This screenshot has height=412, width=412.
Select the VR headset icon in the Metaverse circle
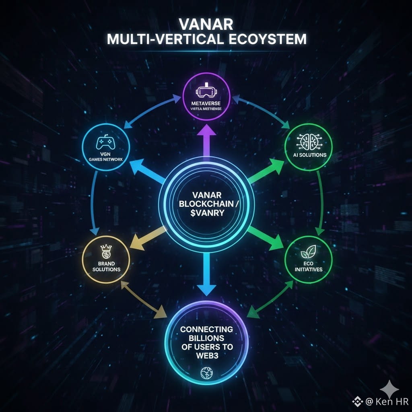click(206, 92)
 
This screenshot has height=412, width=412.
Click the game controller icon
click(105, 143)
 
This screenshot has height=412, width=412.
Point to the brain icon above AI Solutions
click(308, 140)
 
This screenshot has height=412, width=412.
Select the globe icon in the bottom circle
click(206, 374)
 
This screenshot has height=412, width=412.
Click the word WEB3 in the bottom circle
click(206, 356)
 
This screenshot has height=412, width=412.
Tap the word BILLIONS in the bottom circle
click(206, 338)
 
